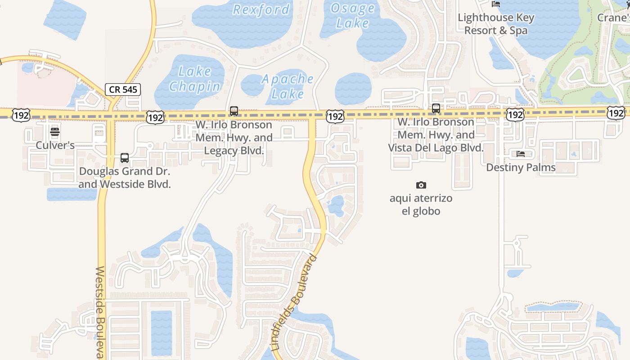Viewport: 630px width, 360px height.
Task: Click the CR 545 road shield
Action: (x=123, y=89)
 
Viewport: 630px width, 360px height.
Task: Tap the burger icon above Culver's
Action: (x=55, y=132)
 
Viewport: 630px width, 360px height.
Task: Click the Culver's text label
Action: (x=55, y=145)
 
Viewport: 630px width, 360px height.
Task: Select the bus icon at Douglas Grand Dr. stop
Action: (x=125, y=158)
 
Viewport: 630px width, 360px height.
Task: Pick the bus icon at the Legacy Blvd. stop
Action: (x=234, y=111)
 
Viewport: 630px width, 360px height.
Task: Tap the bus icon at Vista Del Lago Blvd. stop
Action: (x=436, y=108)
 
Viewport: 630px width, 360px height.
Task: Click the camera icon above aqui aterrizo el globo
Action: (x=421, y=185)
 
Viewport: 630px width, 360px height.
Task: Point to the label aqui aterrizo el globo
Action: (x=421, y=205)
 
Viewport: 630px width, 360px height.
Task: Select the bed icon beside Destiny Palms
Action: (x=521, y=154)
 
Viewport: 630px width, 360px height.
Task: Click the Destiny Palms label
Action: (x=521, y=167)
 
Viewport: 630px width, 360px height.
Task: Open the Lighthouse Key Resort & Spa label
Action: (x=496, y=24)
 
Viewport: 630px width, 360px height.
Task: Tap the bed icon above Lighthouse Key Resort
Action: (x=496, y=4)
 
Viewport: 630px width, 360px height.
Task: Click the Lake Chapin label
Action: (x=195, y=79)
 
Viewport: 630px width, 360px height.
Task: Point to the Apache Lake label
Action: (x=288, y=86)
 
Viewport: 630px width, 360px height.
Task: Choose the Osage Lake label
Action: (x=352, y=16)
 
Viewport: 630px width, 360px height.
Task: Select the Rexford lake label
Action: (x=261, y=9)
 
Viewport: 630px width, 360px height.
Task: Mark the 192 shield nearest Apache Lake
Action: (x=335, y=116)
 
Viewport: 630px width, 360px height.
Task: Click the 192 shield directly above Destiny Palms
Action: (x=515, y=115)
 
